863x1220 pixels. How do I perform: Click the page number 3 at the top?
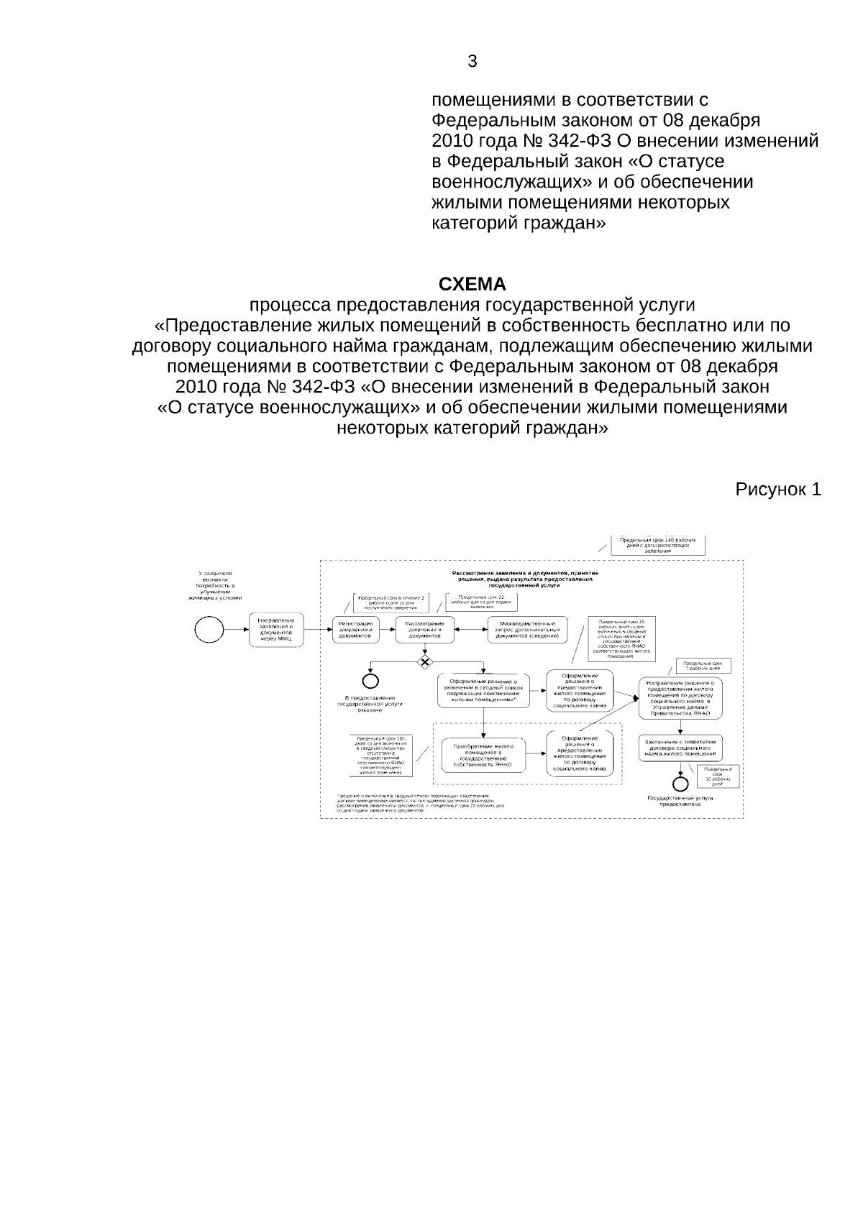[472, 61]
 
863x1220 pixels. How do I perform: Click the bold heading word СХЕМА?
[472, 284]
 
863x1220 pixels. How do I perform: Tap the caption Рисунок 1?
[777, 490]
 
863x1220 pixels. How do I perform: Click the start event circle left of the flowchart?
[209, 630]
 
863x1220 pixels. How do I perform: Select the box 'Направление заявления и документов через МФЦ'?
[276, 630]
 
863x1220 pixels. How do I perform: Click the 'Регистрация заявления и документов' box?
[356, 630]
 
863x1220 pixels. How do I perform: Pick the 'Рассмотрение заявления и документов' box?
[424, 630]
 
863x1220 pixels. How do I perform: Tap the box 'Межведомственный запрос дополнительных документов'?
[527, 630]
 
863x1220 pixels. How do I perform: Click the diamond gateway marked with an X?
[425, 661]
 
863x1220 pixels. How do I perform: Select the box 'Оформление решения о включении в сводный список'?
[483, 690]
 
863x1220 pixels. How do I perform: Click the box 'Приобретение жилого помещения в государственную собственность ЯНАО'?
[483, 756]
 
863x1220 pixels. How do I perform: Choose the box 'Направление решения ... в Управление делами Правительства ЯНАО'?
[680, 698]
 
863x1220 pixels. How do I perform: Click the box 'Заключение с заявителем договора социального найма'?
[680, 748]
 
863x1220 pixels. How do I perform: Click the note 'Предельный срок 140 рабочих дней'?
[657, 545]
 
